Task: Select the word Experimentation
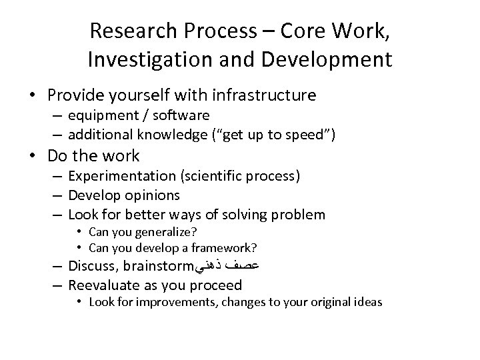tap(120, 177)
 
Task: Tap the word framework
tap(226, 248)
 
